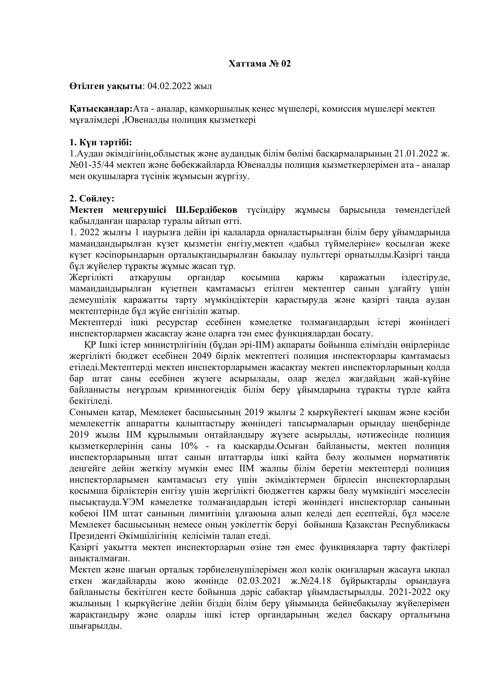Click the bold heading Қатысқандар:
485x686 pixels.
pos(101,109)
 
